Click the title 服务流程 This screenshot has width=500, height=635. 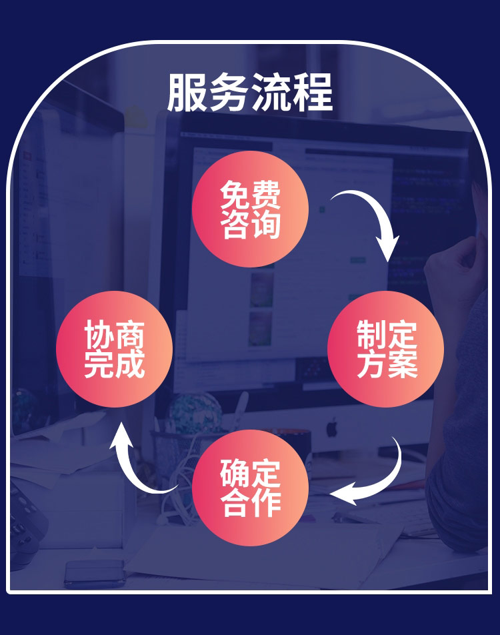(250, 93)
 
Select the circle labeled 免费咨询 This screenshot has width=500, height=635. (250, 209)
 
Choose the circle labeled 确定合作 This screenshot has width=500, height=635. (250, 488)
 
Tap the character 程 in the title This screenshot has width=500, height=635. (313, 93)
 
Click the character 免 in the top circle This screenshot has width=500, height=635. (235, 194)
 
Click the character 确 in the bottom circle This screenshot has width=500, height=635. (235, 473)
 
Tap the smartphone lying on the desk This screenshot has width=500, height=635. (94, 571)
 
